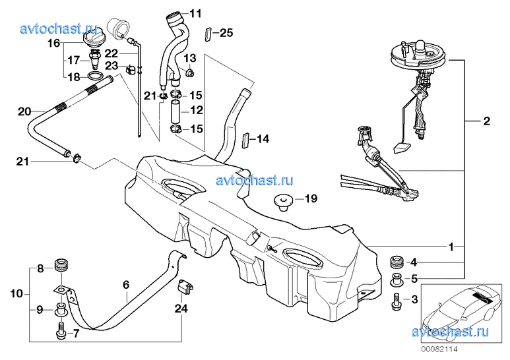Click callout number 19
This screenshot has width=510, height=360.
[x=311, y=198]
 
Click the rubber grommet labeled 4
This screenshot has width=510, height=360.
[x=397, y=260]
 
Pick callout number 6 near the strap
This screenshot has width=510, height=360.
[x=125, y=285]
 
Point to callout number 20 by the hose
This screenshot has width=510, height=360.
[x=24, y=112]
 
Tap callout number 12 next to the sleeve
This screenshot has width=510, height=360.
[x=197, y=111]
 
